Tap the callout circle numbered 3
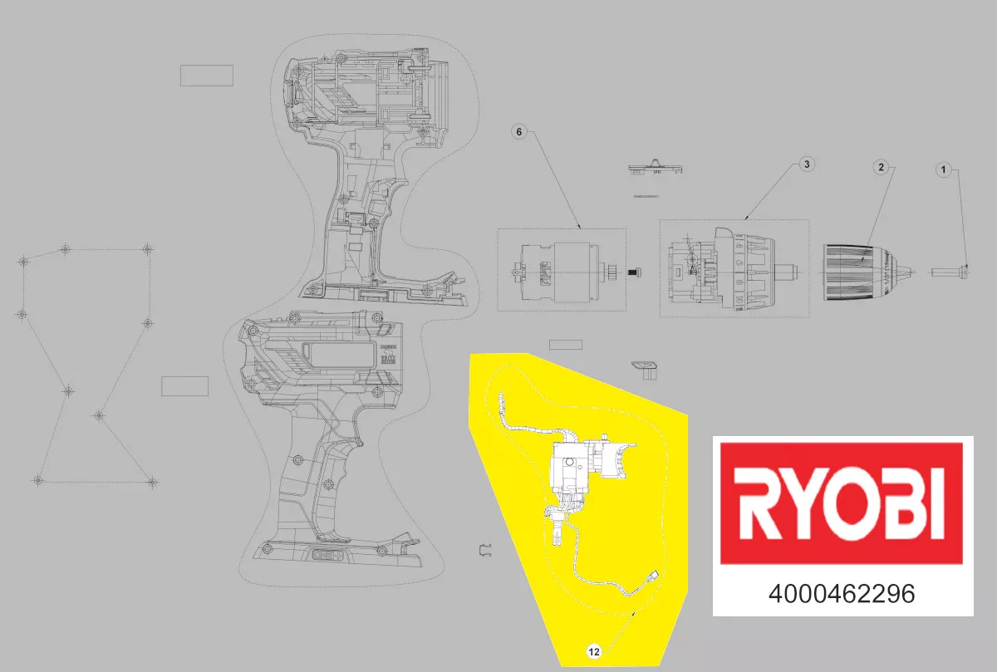click(x=805, y=164)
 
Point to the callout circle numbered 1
click(x=942, y=170)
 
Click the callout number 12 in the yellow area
click(x=594, y=652)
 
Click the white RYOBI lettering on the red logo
click(x=842, y=504)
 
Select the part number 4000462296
click(x=842, y=595)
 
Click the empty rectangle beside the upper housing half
click(x=207, y=76)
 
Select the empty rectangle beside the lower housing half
click(x=184, y=386)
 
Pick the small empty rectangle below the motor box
click(x=567, y=345)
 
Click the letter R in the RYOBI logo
click(x=759, y=505)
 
